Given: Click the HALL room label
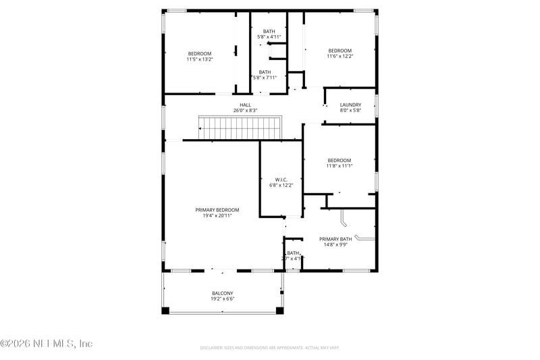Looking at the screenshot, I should (x=245, y=105).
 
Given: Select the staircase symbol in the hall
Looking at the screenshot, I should (x=239, y=127).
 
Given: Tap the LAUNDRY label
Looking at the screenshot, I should (x=350, y=105).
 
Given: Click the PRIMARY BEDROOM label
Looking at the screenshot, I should (x=217, y=210).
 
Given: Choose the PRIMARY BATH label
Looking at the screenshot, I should (x=335, y=239).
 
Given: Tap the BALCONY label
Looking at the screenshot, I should (x=222, y=293).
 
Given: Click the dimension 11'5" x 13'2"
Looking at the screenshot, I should (x=200, y=59).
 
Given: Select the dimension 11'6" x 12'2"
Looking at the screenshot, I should (x=340, y=56).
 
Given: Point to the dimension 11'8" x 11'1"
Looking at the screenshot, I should (x=340, y=166).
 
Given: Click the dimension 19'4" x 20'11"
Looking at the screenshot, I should (x=217, y=216).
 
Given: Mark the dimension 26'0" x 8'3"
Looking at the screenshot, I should (x=245, y=110).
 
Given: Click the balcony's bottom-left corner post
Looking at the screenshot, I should (x=165, y=311).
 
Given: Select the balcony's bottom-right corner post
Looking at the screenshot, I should (x=280, y=311).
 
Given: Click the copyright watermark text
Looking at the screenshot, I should (x=47, y=344).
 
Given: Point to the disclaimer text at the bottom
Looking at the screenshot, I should (x=269, y=348).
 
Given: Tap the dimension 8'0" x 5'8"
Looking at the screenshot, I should (x=350, y=110).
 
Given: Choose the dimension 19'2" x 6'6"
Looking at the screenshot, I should (x=222, y=299).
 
